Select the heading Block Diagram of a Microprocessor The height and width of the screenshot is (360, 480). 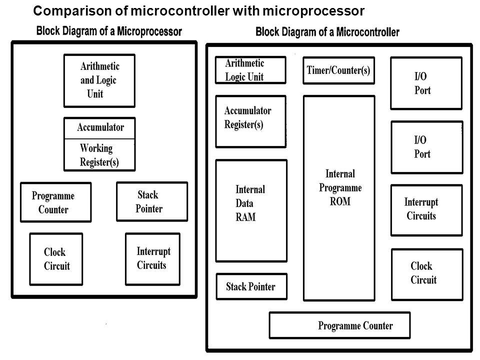(109, 31)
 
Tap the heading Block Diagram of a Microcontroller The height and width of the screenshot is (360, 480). (327, 32)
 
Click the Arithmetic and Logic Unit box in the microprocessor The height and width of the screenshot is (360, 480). (99, 80)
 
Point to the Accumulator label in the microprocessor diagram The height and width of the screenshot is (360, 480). (100, 127)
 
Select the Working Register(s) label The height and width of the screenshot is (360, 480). (99, 155)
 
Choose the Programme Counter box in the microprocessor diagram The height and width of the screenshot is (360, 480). (55, 202)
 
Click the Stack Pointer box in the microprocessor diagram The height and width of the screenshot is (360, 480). (151, 201)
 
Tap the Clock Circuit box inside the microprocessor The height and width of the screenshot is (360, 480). (56, 259)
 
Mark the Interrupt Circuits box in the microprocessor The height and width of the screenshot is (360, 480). (152, 258)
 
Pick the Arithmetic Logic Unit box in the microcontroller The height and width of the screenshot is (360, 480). (250, 70)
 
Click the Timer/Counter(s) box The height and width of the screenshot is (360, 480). (338, 70)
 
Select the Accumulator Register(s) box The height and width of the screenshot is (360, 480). (250, 121)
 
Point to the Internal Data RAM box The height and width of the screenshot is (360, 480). (251, 210)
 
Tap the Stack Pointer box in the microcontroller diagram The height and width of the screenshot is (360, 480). (251, 286)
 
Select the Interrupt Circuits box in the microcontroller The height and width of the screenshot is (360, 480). (426, 209)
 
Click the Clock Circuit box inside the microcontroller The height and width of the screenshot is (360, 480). (426, 274)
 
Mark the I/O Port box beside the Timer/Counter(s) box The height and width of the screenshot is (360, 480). (426, 83)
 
